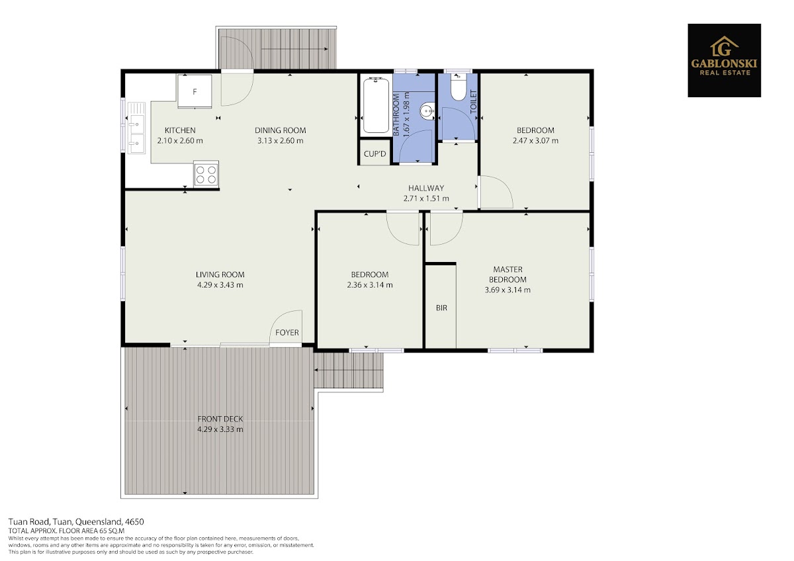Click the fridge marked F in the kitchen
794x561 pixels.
click(x=195, y=91)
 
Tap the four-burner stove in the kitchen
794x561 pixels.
click(x=206, y=174)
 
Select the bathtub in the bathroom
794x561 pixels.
click(x=376, y=105)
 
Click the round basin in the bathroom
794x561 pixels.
click(x=427, y=111)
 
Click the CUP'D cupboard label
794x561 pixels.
click(x=375, y=154)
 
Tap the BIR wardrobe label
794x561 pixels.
click(x=441, y=308)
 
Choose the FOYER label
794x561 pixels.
click(x=287, y=332)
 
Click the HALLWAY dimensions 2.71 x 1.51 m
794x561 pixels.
click(x=426, y=198)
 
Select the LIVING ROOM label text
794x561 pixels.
click(x=220, y=275)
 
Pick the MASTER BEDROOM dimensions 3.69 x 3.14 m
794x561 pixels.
click(x=507, y=290)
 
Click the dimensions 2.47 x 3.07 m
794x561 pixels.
click(x=535, y=141)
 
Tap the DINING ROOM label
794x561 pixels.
click(x=281, y=130)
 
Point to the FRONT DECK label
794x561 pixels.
click(x=220, y=419)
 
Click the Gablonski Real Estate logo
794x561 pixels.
click(x=724, y=60)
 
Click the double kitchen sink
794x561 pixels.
click(x=136, y=128)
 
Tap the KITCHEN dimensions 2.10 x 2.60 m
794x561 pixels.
click(x=180, y=141)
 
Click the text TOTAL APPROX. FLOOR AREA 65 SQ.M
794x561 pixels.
click(x=67, y=531)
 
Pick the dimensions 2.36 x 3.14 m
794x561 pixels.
click(x=370, y=285)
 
